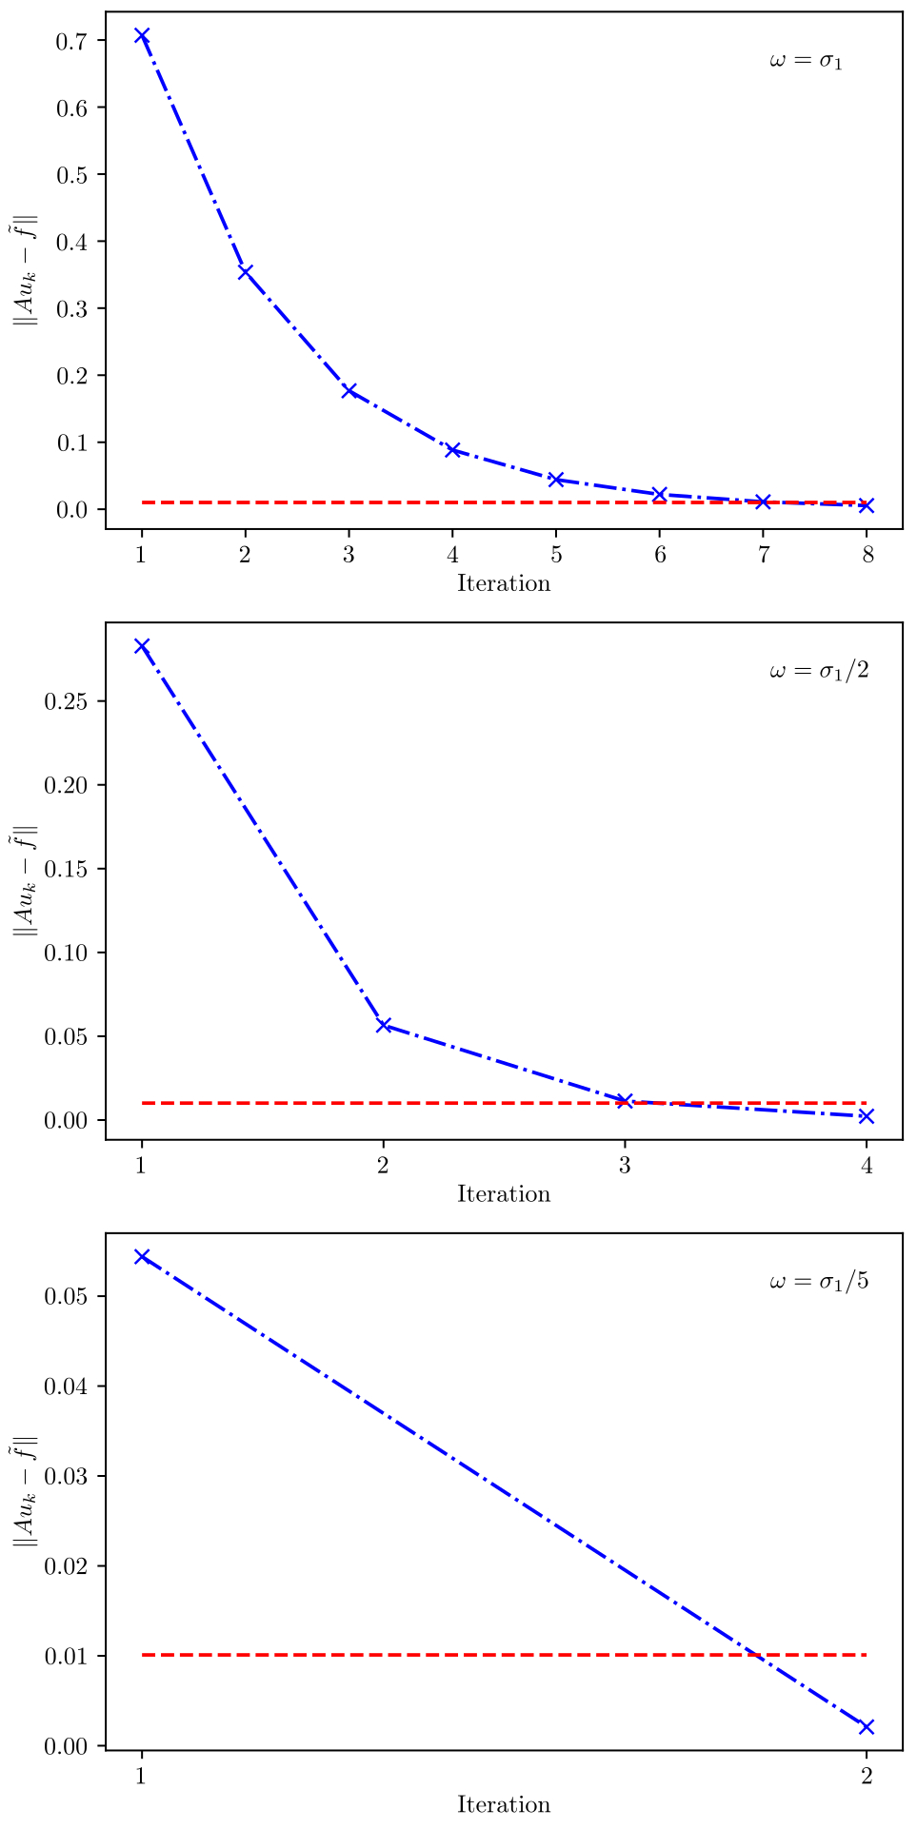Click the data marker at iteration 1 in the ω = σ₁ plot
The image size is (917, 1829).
point(142,36)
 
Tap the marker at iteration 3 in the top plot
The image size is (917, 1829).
point(349,391)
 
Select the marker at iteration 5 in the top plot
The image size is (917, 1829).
point(556,479)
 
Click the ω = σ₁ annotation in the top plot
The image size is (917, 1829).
point(806,62)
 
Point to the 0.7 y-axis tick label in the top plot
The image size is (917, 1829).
point(72,41)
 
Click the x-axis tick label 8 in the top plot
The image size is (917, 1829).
point(867,555)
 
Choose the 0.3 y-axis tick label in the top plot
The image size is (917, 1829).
point(72,309)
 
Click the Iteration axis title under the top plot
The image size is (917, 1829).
point(504,583)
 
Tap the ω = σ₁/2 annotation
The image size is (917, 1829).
point(819,672)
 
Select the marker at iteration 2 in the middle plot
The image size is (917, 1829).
point(384,1025)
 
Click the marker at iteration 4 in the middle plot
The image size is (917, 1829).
point(867,1115)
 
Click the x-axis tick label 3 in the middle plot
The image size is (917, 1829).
point(625,1166)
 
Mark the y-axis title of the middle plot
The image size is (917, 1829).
point(25,880)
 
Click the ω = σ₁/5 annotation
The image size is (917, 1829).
point(819,1282)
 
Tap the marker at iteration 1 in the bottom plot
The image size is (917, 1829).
point(142,1256)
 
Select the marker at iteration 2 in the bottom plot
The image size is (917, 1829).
point(867,1726)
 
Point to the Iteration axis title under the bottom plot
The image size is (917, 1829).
point(504,1804)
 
